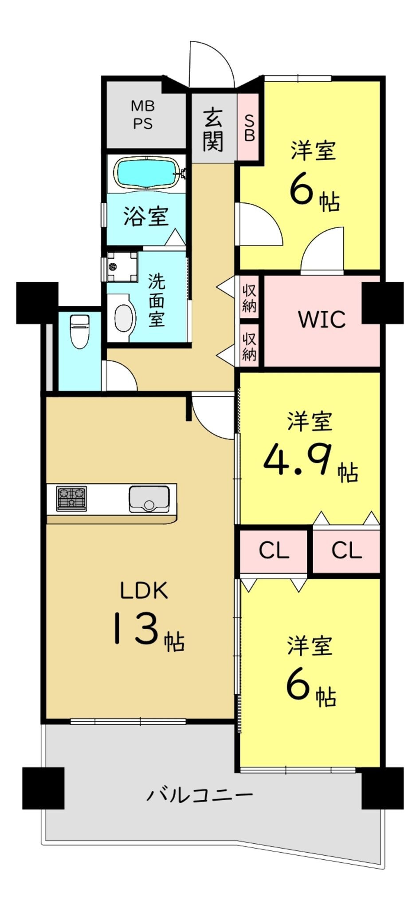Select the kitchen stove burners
click(71, 498)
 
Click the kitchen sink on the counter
click(149, 499)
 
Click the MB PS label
click(143, 115)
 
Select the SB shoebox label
click(250, 128)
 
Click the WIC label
click(322, 319)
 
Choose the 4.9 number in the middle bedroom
click(298, 459)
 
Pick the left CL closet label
click(274, 550)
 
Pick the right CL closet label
click(346, 550)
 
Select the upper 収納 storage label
click(249, 297)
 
